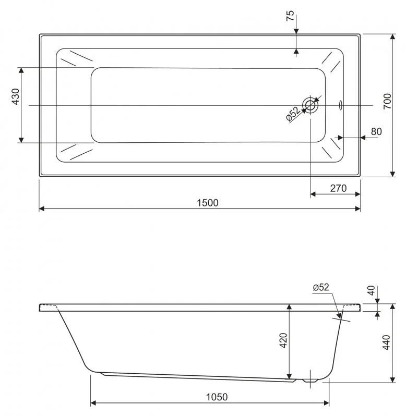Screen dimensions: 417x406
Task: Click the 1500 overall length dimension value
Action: (208, 203)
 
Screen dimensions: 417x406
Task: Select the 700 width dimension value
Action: (387, 101)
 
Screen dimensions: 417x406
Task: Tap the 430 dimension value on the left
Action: (15, 97)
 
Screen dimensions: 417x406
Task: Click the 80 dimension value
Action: (376, 131)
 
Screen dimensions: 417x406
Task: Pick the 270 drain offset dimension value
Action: (338, 188)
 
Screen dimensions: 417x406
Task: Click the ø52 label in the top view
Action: (293, 114)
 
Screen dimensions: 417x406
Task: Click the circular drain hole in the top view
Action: (311, 105)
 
